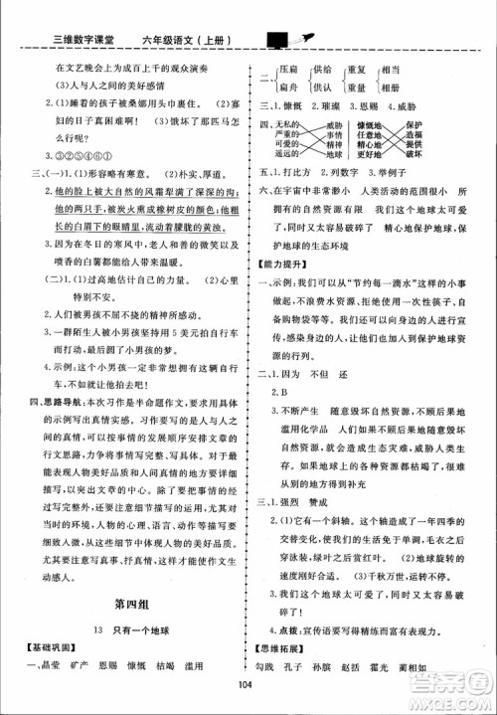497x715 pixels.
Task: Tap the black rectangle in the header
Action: [x=274, y=39]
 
